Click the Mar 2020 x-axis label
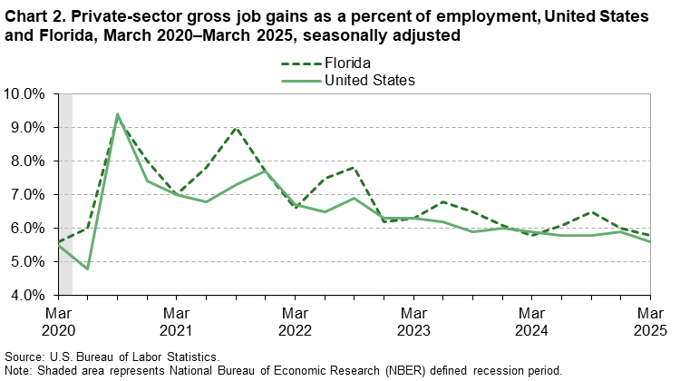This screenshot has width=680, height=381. point(58,321)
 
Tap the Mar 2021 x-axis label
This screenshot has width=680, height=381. point(176,321)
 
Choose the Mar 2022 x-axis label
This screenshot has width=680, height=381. point(295,321)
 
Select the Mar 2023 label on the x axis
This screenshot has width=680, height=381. point(413,321)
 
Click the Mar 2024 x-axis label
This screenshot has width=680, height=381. point(531,321)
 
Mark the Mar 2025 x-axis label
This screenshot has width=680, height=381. point(649,321)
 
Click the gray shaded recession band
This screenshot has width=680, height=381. point(64,194)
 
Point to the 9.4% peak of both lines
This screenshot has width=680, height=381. point(117,114)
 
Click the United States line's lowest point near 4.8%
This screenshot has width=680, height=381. point(88,269)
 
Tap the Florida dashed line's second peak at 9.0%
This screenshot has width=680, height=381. point(236,128)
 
